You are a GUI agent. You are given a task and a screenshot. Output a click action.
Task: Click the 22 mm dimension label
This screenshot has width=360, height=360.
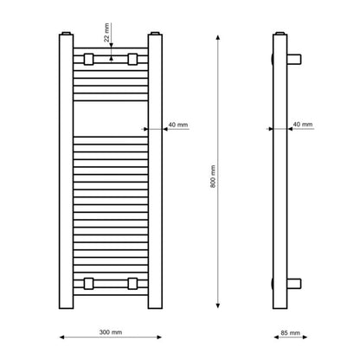pos(106,33)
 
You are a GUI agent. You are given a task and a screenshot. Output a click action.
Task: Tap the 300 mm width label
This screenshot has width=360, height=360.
pos(111,332)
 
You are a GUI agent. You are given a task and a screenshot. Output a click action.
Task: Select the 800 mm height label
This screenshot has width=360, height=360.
pos(213,177)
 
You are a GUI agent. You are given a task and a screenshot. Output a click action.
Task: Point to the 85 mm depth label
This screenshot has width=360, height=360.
pos(290,332)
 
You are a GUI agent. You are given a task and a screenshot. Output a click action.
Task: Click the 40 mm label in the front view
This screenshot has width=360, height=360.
pos(178,125)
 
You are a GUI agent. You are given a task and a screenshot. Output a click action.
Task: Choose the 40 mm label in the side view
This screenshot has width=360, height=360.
pos(303,124)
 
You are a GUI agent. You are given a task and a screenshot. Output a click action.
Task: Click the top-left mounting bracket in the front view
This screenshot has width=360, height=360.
pos(88,59)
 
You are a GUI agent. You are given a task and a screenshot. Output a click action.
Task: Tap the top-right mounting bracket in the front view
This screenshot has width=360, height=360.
pos(132,59)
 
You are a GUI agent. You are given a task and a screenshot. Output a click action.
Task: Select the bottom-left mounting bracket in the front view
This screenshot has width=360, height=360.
pos(88,284)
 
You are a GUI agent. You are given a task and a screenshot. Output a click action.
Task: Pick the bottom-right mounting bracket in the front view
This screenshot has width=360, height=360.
pos(132,284)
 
